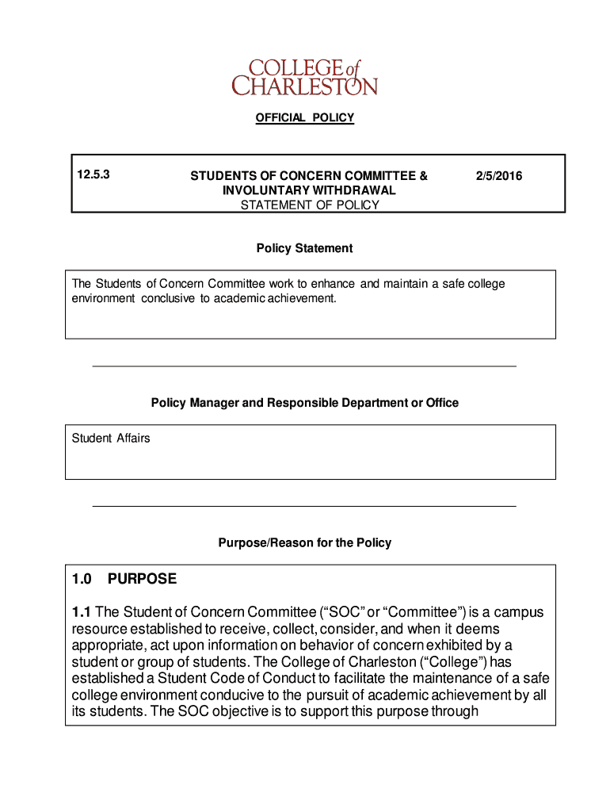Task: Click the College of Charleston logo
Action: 304,76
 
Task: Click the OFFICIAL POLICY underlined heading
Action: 304,118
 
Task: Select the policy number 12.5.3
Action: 92,175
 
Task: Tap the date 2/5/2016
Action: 499,176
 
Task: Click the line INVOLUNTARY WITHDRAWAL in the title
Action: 309,191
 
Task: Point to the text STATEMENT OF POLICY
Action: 310,205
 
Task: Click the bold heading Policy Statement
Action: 304,249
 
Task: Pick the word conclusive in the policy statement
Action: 169,299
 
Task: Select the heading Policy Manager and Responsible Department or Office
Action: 304,403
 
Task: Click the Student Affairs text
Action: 111,439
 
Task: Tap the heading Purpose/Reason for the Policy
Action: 304,543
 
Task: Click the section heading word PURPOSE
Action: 143,580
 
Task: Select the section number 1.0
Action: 82,580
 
